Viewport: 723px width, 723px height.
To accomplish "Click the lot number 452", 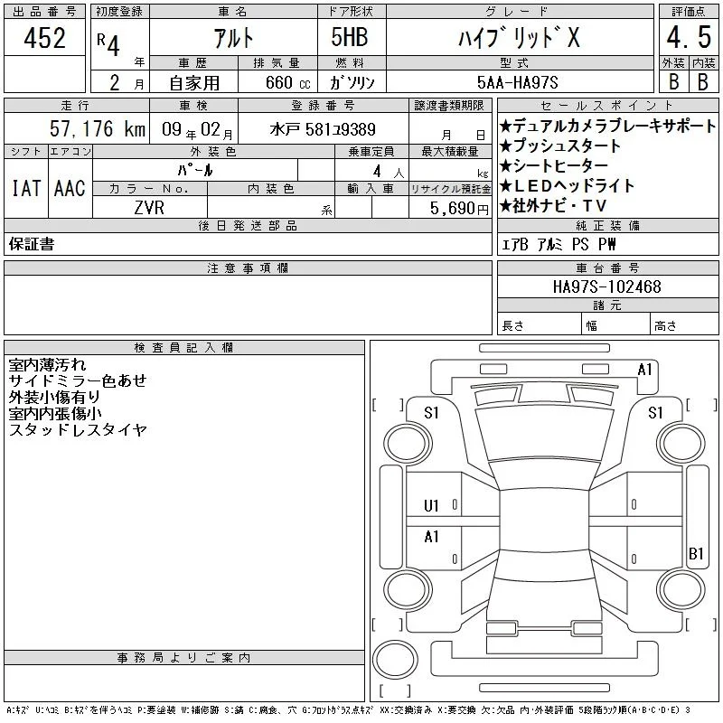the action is click(x=44, y=38).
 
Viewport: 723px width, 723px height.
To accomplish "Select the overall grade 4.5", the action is click(x=689, y=37).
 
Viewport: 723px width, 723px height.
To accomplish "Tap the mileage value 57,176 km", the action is click(x=98, y=128).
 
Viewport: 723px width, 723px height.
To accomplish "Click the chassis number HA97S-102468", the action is click(x=606, y=286).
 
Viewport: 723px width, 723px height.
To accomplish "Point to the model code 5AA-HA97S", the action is click(x=517, y=82).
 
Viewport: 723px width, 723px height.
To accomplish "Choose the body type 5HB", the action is click(x=350, y=37).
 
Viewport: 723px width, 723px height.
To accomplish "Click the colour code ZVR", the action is click(x=149, y=208).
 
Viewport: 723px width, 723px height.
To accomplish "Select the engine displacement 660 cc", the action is click(x=287, y=82).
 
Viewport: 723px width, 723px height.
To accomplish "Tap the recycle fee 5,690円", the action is click(x=459, y=209).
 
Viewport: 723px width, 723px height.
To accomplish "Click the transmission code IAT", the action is click(x=26, y=188).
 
